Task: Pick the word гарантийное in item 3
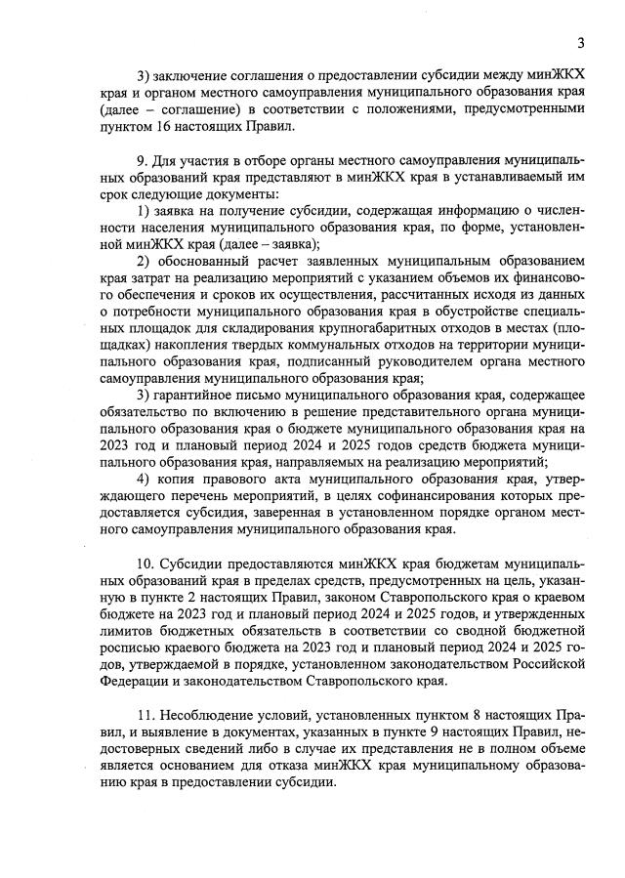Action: point(195,394)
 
